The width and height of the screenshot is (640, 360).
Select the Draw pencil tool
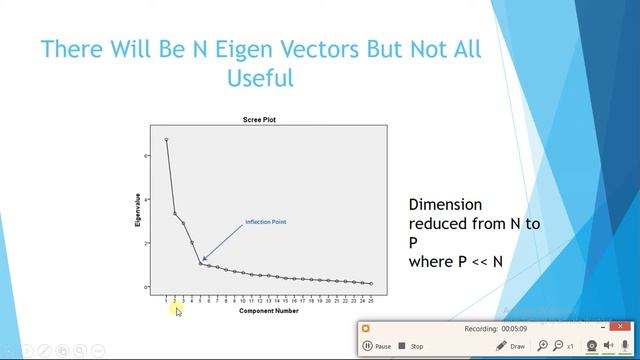510,346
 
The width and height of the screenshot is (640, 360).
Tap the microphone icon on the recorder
626,345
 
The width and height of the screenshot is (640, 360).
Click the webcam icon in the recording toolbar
592,345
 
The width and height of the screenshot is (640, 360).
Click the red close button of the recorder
366,328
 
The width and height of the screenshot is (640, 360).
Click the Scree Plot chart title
259,120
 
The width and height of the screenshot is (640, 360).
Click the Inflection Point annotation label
266,221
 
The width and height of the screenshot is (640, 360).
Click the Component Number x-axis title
268,311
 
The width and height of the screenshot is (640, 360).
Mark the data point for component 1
166,139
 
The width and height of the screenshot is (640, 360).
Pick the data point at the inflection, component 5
200,263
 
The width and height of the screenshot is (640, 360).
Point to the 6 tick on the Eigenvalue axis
147,156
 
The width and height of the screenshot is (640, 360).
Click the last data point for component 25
371,284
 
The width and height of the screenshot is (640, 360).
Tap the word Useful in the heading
259,77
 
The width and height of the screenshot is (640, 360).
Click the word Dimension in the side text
445,204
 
